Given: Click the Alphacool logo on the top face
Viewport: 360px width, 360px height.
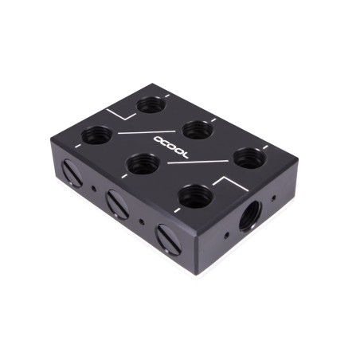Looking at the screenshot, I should tap(170, 147).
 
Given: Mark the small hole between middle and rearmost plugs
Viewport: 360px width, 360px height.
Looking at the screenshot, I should tap(95, 189).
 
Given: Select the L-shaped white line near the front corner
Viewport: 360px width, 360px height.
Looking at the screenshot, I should tap(232, 187).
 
